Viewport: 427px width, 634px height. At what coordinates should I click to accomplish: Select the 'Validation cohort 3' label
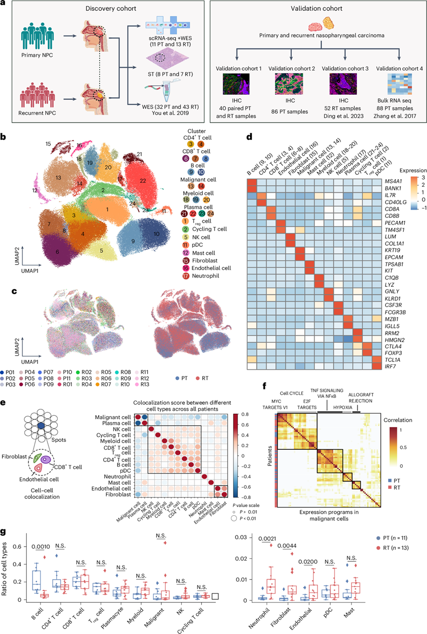click(x=327, y=67)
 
